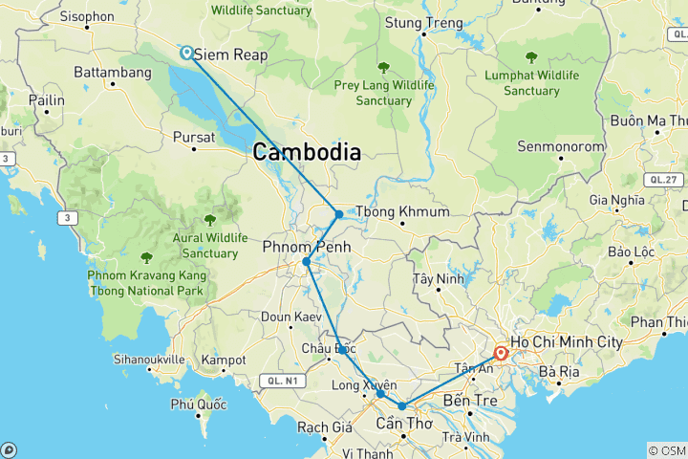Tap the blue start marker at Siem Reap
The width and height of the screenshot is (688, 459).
185,54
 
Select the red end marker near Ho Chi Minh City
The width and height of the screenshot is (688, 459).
500,353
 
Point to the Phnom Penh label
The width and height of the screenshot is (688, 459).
307,247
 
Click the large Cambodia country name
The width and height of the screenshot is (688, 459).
307,151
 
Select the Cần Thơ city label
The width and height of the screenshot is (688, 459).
402,424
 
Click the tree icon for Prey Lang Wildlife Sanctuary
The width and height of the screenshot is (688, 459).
383,68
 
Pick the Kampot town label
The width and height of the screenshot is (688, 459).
225,361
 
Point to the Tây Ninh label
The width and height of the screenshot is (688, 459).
436,280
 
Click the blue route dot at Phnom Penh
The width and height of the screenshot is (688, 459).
306,262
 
